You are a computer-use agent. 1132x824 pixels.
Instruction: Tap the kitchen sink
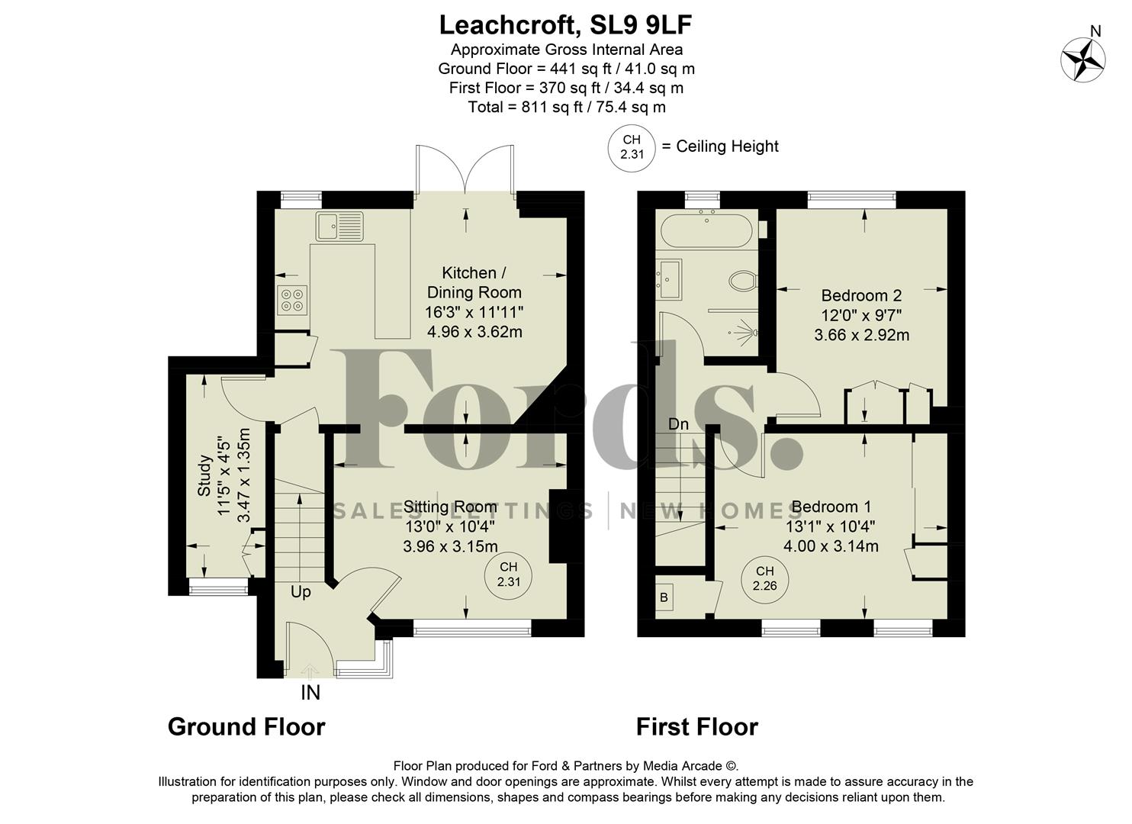point(340,226)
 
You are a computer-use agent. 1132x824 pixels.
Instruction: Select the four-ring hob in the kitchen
point(293,299)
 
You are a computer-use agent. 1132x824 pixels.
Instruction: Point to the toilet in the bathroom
point(742,281)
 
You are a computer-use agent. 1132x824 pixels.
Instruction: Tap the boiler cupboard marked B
point(664,597)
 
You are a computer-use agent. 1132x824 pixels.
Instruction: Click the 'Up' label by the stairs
point(301,592)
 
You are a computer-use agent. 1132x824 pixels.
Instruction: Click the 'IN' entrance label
point(310,693)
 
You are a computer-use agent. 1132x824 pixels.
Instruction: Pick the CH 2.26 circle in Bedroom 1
point(764,578)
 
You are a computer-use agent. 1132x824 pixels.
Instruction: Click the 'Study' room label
point(204,475)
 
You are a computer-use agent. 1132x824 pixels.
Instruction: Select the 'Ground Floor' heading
point(246,726)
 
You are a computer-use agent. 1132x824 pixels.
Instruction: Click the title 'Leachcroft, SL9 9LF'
point(565,25)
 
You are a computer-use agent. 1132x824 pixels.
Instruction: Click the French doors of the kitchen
point(465,169)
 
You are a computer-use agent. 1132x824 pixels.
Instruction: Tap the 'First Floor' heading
point(697,726)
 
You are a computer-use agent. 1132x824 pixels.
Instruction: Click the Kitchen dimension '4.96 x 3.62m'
point(474,332)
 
